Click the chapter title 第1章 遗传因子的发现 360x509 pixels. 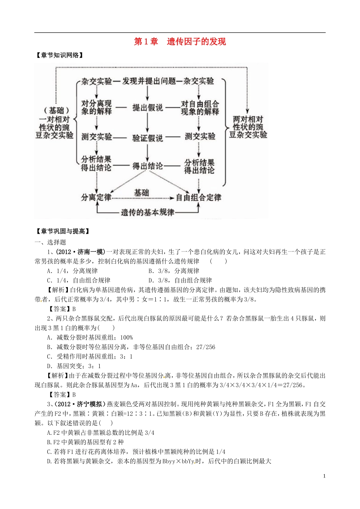pos(180,42)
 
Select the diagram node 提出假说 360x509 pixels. pos(147,108)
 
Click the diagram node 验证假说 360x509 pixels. pos(147,138)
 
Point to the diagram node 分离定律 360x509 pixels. pos(96,197)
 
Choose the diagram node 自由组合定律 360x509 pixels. pos(198,197)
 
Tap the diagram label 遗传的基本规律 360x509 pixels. pos(147,212)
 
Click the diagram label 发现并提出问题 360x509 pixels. pos(149,81)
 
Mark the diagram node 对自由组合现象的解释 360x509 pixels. pos(200,108)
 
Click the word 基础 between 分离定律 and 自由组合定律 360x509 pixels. pos(141,193)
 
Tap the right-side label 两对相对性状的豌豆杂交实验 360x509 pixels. pos(248,127)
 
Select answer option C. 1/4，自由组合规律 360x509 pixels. pos(78,280)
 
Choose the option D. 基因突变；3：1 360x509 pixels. pos(74,366)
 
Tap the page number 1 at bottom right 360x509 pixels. pos(324,476)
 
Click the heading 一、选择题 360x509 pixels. pos(50,242)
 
